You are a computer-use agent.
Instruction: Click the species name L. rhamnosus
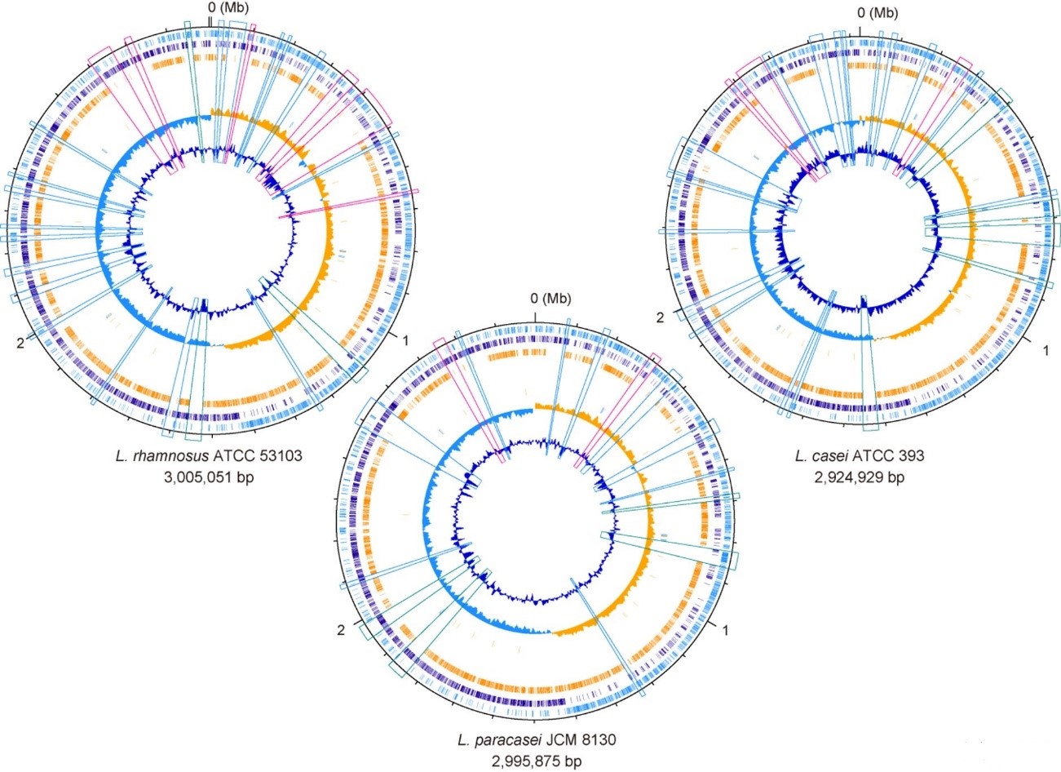click(x=148, y=455)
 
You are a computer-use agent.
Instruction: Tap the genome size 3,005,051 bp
click(x=208, y=476)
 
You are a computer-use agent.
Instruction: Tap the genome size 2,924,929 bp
click(x=859, y=476)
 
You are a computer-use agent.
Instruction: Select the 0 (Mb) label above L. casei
click(x=878, y=13)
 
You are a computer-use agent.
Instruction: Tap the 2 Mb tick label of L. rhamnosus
click(x=20, y=342)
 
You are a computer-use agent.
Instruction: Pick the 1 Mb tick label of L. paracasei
click(x=725, y=629)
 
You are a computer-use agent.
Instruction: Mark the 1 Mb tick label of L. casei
click(x=1046, y=350)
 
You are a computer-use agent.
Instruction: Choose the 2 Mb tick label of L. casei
click(x=661, y=317)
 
